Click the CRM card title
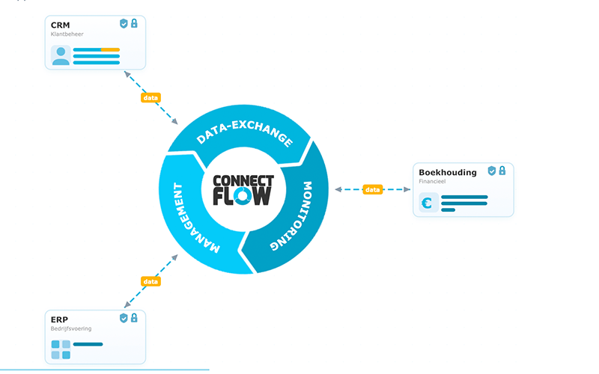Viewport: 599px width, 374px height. coord(61,25)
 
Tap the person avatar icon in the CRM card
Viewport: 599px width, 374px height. coord(61,55)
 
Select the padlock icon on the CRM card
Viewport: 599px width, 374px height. coord(134,23)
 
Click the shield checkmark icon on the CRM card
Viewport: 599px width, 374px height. coord(124,24)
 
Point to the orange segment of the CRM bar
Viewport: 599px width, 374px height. coord(110,49)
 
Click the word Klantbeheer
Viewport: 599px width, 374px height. coord(67,34)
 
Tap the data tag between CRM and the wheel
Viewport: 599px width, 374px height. coord(150,98)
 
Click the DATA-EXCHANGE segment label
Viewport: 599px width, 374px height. coord(245,132)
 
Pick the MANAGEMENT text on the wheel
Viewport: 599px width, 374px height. coord(194,218)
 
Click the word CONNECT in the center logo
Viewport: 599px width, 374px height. coord(243,181)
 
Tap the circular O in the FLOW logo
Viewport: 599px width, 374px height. coord(242,196)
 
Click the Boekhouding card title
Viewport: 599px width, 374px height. coord(448,173)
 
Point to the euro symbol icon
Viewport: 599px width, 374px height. coord(427,203)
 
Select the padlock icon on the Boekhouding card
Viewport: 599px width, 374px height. coord(502,171)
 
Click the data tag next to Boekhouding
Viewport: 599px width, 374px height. coord(372,189)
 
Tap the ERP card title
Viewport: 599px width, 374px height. coord(59,320)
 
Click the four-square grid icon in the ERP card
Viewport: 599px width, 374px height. coord(61,349)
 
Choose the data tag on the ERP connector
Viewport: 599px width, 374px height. coord(150,282)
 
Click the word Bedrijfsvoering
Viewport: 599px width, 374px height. coord(71,328)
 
